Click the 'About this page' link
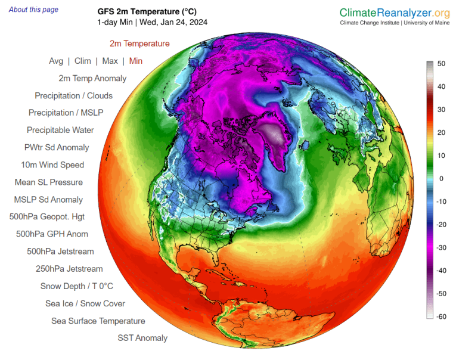point(34,10)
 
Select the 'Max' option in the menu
point(110,61)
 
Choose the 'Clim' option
point(83,61)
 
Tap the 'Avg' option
point(56,61)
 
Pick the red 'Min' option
point(136,61)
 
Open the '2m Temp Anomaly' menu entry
point(92,78)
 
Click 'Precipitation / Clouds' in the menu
point(73,95)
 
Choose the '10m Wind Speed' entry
point(52,165)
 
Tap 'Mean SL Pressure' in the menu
point(48,182)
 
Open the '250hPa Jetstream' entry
point(69,269)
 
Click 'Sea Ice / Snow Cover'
point(85,303)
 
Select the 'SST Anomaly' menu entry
point(142,338)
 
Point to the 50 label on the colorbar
point(442,64)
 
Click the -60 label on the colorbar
point(442,316)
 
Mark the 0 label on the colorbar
point(442,179)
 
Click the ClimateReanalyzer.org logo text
point(395,13)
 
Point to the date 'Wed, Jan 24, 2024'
point(173,23)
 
